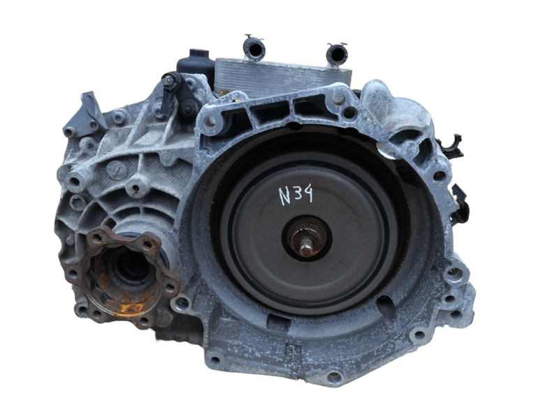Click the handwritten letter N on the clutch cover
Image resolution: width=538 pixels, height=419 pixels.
[x=284, y=196]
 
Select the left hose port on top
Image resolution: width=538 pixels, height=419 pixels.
[x=254, y=48]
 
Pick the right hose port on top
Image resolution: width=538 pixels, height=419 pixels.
[x=337, y=54]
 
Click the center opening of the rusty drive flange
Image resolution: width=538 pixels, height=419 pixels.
[x=132, y=266]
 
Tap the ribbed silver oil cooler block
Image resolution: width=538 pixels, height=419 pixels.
[x=284, y=77]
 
